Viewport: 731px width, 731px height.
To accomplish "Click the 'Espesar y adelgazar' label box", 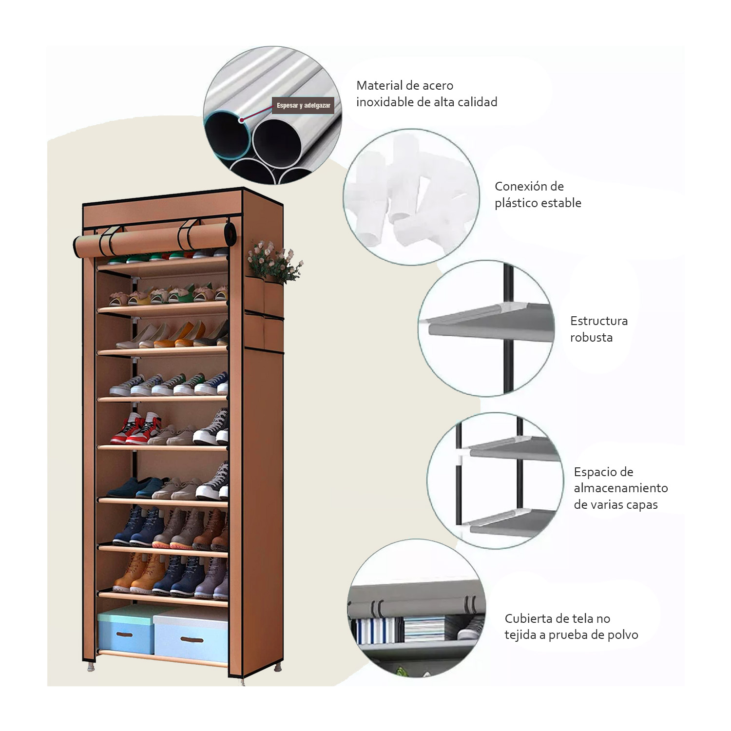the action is point(303,105).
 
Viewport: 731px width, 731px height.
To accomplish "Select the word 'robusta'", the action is point(591,337).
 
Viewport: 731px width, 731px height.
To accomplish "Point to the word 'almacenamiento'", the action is point(620,488).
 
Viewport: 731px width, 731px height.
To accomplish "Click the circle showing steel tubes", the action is point(272,115).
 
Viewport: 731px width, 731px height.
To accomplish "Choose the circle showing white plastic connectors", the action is point(411,197).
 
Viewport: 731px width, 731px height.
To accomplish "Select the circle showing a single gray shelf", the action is point(486,328).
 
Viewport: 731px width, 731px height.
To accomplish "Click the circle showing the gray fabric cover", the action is point(417,608).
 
